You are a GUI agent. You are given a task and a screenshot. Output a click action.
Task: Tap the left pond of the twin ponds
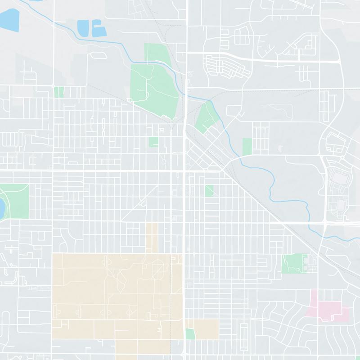84,27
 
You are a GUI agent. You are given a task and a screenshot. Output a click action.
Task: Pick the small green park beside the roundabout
58,92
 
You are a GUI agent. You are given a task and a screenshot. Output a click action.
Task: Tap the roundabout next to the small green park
53,85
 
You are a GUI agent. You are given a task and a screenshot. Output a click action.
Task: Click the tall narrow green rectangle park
247,146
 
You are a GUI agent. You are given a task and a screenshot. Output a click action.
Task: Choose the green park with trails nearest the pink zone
292,263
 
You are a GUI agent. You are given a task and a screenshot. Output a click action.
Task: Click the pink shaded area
328,308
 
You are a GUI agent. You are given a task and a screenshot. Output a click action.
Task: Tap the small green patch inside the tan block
190,334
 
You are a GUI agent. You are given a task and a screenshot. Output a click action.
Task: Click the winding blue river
270,180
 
